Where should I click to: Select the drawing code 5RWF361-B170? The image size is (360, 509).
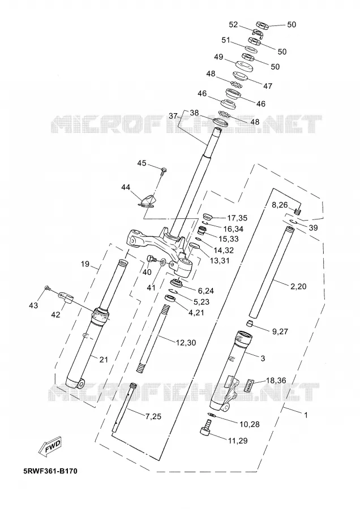tap(50, 471)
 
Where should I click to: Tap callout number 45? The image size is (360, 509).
tap(142, 163)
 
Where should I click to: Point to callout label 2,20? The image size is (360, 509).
tap(298, 286)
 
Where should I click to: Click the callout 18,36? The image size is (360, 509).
tap(276, 380)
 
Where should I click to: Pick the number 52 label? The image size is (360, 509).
tap(233, 25)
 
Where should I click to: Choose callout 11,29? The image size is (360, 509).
tap(238, 441)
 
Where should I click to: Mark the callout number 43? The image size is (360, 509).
tap(33, 305)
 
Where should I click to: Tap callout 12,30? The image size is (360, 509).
tap(186, 343)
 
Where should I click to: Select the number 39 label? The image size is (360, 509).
tap(313, 228)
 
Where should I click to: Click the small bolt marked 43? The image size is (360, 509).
tap(48, 288)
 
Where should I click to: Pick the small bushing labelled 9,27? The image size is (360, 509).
tap(249, 324)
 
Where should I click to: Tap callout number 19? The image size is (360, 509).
tap(85, 264)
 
